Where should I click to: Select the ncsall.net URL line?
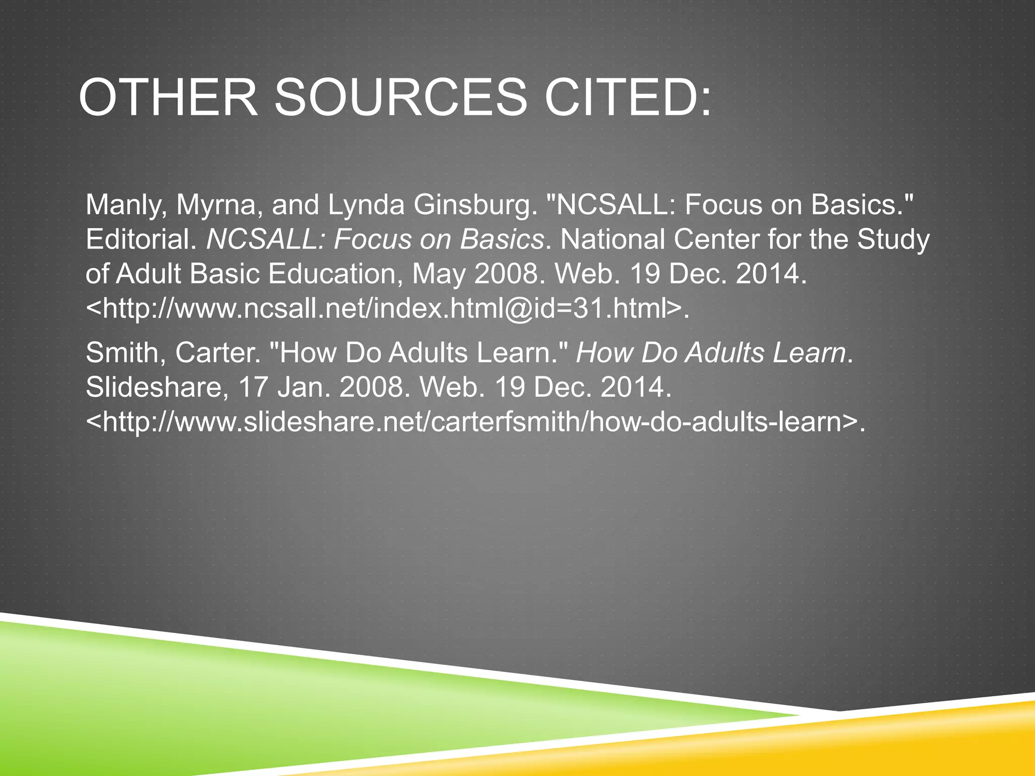pyautogui.click(x=387, y=308)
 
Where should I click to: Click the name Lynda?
pyautogui.click(x=366, y=205)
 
